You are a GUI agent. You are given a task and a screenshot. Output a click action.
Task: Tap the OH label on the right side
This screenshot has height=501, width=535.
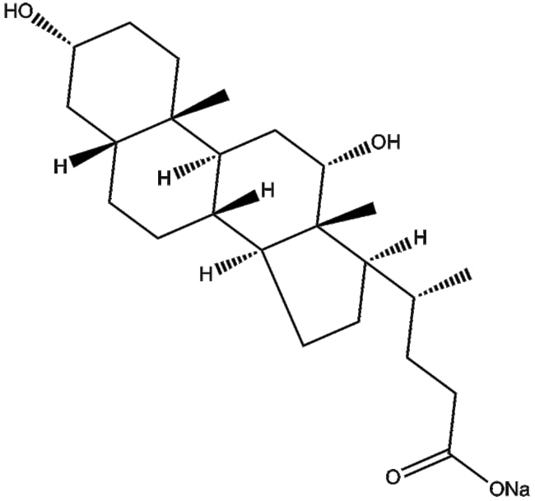click(x=385, y=143)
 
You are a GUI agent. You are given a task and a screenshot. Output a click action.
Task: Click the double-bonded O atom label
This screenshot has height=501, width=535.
click(x=393, y=475)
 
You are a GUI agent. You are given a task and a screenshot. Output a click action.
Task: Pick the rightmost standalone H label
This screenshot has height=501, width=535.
click(x=420, y=239)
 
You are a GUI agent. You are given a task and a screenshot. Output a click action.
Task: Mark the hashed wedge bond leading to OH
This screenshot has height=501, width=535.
click(x=345, y=153)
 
